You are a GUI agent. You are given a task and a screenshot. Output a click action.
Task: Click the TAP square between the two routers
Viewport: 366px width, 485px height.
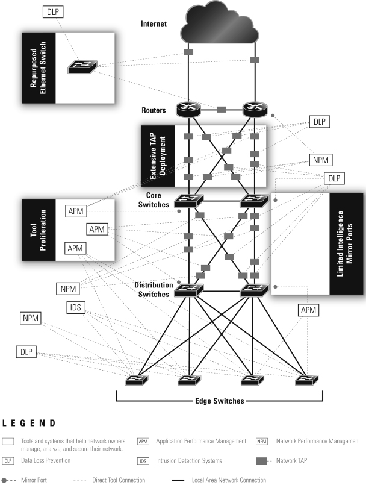pyautogui.click(x=222, y=110)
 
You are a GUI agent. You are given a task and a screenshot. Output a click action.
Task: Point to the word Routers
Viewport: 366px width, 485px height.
pyautogui.click(x=154, y=111)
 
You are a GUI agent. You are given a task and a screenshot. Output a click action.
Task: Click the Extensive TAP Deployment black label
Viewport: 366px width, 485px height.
pyautogui.click(x=157, y=156)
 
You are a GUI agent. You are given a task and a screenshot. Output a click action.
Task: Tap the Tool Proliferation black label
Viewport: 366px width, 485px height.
pyautogui.click(x=39, y=230)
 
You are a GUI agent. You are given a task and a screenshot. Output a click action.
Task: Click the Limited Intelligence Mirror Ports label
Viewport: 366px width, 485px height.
pyautogui.click(x=347, y=243)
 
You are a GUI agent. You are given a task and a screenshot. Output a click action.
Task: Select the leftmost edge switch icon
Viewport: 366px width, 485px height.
pyautogui.click(x=137, y=380)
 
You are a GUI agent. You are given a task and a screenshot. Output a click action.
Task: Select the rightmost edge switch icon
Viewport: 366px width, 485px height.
pyautogui.click(x=305, y=380)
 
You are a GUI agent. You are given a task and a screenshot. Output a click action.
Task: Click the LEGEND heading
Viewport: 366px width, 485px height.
pyautogui.click(x=29, y=424)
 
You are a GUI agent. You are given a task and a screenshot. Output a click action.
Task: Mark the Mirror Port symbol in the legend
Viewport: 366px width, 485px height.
pyautogui.click(x=6, y=480)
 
